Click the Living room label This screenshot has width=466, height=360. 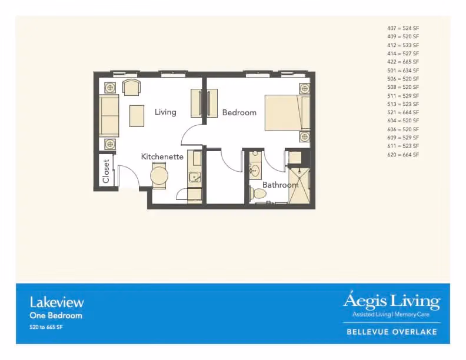(x=165, y=112)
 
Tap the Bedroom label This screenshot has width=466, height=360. (x=239, y=112)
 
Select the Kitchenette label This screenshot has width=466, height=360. (x=162, y=156)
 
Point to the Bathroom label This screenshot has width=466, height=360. (x=280, y=185)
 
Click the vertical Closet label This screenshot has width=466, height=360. (x=106, y=171)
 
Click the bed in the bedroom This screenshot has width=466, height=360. (x=287, y=112)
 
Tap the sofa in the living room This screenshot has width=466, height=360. (x=109, y=115)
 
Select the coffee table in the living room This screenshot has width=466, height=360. (x=137, y=116)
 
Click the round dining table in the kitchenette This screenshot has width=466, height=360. (x=159, y=175)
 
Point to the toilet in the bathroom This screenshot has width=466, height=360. (x=257, y=194)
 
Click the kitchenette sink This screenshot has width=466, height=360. (x=195, y=177)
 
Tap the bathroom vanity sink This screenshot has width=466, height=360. (x=254, y=171)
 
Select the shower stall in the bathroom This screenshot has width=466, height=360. (x=299, y=186)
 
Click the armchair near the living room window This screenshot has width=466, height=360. (x=131, y=87)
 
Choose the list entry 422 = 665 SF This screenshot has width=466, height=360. (x=403, y=62)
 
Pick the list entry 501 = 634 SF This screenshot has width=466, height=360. (x=403, y=71)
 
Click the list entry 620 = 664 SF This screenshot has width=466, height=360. (x=403, y=155)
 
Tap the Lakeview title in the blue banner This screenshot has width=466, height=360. (x=56, y=302)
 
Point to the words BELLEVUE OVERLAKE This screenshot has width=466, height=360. (x=392, y=332)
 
